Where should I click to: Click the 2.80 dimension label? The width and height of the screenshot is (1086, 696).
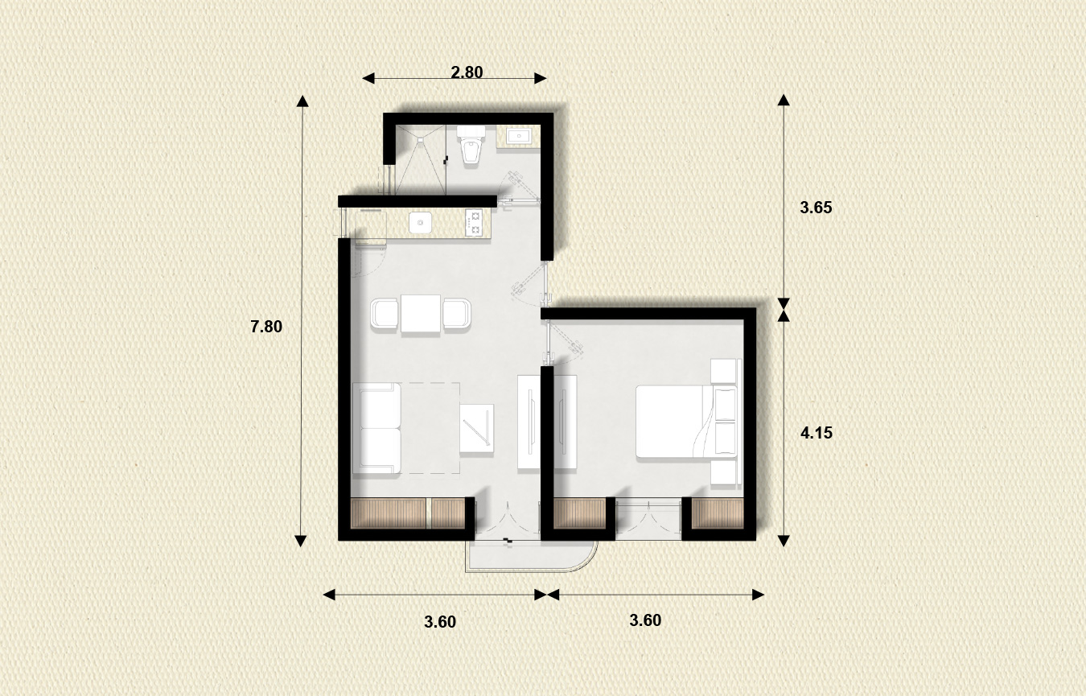pyautogui.click(x=467, y=72)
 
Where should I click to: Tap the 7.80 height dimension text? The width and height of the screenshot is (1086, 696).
pyautogui.click(x=266, y=327)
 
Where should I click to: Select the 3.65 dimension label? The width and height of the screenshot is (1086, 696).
pyautogui.click(x=816, y=208)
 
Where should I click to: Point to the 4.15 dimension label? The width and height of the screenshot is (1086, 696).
pyautogui.click(x=816, y=433)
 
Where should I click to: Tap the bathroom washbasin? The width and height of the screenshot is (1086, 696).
pyautogui.click(x=519, y=136)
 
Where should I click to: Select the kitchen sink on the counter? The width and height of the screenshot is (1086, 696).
pyautogui.click(x=420, y=223)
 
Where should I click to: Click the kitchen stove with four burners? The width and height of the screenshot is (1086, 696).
pyautogui.click(x=474, y=223)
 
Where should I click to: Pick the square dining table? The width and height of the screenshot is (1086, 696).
pyautogui.click(x=421, y=313)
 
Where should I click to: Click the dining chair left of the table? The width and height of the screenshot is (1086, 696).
pyautogui.click(x=385, y=314)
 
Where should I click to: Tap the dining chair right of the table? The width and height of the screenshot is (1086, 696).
pyautogui.click(x=457, y=314)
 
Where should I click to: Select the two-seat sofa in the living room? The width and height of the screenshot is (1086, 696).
pyautogui.click(x=376, y=428)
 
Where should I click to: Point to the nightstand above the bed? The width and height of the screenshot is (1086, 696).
pyautogui.click(x=724, y=371)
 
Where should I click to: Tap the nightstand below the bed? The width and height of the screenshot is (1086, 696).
pyautogui.click(x=724, y=472)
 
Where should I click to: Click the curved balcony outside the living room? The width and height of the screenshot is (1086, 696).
pyautogui.click(x=532, y=557)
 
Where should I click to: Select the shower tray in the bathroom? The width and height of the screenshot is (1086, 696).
pyautogui.click(x=421, y=159)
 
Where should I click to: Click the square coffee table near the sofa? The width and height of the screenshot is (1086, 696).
pyautogui.click(x=476, y=429)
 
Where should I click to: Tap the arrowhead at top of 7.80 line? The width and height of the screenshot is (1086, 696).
pyautogui.click(x=302, y=101)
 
